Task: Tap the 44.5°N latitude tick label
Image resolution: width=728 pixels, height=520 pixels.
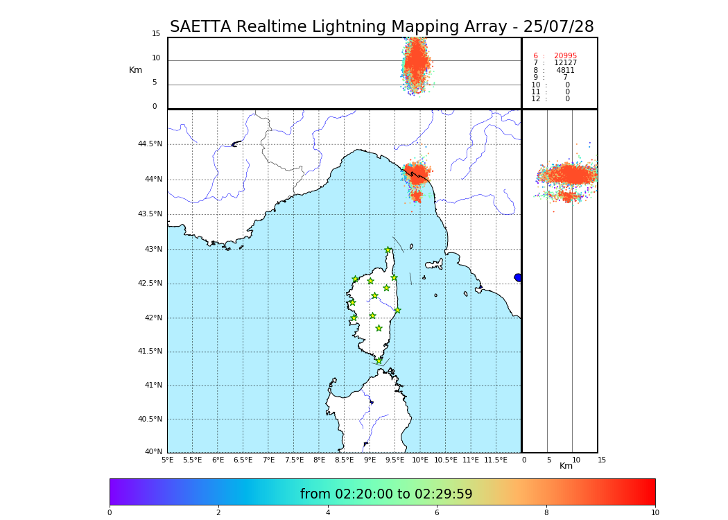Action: point(149,144)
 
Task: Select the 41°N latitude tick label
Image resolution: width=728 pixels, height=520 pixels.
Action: point(152,385)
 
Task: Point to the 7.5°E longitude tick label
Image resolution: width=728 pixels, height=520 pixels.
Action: point(294,460)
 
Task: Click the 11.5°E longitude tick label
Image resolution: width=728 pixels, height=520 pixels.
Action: point(495,460)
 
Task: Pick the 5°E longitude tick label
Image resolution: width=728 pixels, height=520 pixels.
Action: point(167,460)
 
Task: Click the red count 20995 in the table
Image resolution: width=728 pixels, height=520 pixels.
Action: point(565,56)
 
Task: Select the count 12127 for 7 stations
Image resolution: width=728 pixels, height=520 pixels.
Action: point(565,63)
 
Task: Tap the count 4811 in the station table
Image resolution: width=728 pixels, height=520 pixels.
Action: point(565,71)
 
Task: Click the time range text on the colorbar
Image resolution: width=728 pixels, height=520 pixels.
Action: point(386,494)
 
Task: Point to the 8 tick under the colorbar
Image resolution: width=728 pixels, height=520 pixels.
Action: point(546,513)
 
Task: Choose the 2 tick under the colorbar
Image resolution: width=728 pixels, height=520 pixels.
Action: point(218,513)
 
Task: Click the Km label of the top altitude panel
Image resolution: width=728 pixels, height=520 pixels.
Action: point(135,70)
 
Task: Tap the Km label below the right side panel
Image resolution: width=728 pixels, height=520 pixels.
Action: point(566,466)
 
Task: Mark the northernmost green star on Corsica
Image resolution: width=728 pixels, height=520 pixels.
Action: point(388,250)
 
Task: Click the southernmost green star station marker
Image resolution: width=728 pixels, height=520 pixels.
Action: point(379,361)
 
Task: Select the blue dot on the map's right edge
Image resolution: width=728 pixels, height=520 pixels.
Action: point(518,277)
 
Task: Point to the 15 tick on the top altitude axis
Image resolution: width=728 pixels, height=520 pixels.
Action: point(156,34)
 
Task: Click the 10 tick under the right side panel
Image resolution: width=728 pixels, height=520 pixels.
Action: point(576,460)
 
